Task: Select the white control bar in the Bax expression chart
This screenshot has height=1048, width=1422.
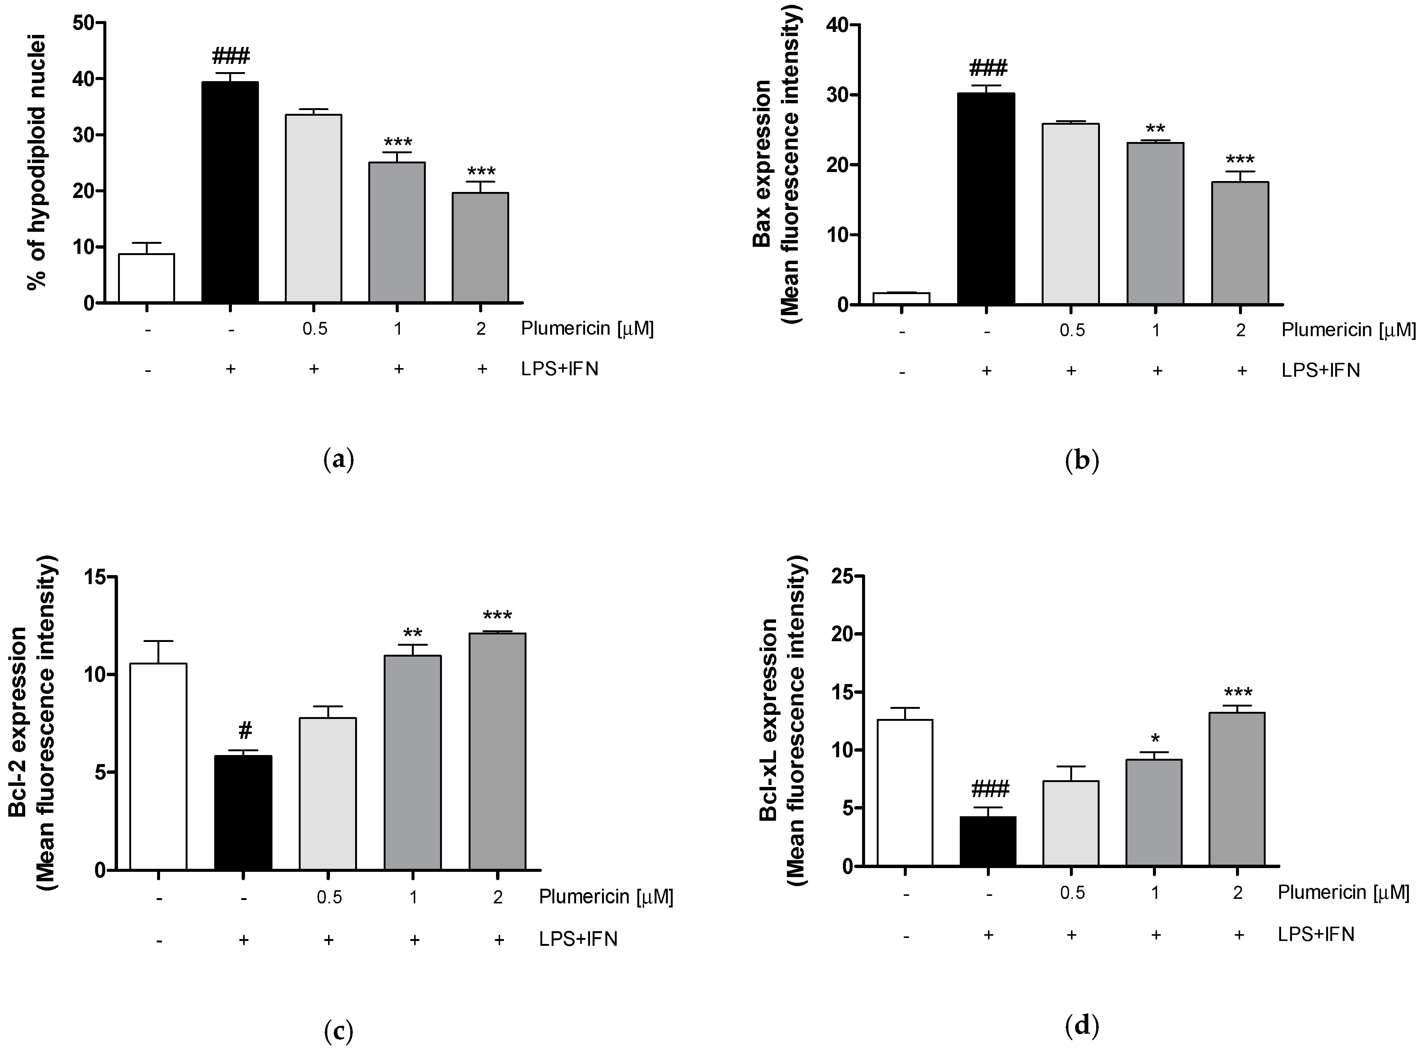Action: click(901, 299)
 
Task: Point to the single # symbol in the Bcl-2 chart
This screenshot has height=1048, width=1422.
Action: click(245, 731)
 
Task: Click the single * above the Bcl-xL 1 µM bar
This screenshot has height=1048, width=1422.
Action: click(1155, 740)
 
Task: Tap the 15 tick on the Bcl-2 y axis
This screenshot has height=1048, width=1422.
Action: click(95, 577)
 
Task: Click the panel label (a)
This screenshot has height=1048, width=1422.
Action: click(338, 459)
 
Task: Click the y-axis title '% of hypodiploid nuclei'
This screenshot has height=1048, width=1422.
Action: click(38, 164)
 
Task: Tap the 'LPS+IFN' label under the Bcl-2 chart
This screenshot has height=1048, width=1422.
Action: click(578, 939)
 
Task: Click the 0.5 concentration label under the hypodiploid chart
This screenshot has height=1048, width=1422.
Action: click(315, 329)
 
